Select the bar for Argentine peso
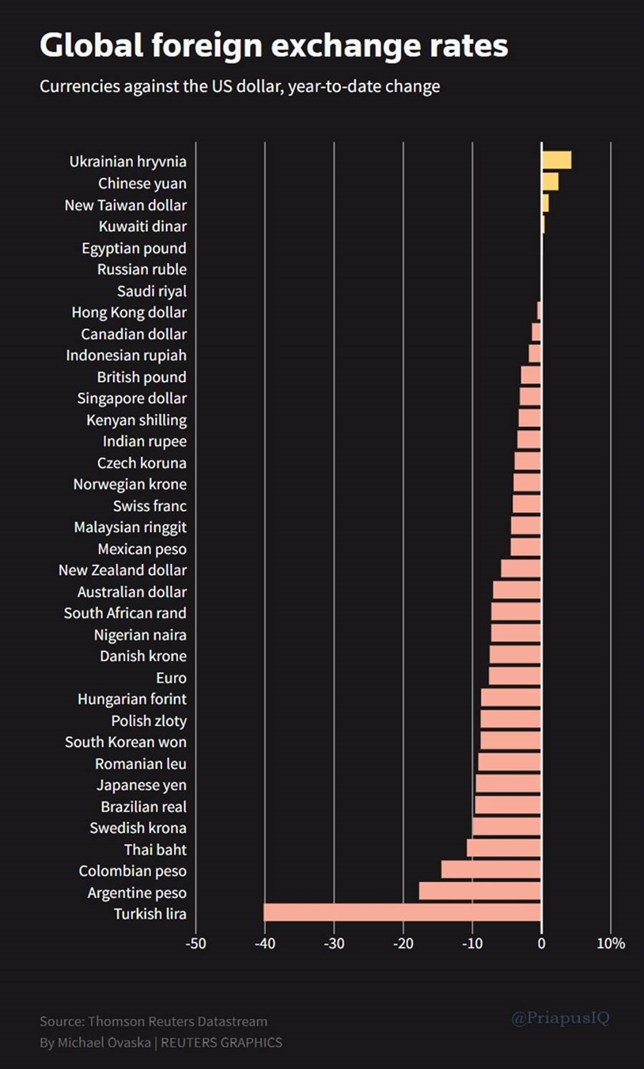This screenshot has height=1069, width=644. [480, 891]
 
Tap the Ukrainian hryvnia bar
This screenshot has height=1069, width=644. [557, 160]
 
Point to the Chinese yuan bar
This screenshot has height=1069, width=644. [550, 181]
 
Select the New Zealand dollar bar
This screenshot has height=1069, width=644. [521, 569]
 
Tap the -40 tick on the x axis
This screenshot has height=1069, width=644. [265, 943]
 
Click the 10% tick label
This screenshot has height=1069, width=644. [611, 943]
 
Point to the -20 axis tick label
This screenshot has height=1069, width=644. [403, 943]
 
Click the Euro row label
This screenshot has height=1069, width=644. [171, 678]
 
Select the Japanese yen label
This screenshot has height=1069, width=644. [142, 785]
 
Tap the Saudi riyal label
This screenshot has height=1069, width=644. [152, 291]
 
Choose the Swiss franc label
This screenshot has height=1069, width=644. [150, 506]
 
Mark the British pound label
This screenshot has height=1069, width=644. [142, 377]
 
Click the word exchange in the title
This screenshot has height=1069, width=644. [347, 46]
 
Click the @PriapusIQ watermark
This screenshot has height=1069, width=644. [560, 1018]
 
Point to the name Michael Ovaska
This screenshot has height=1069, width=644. [104, 1043]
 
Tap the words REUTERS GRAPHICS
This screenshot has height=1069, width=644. [222, 1043]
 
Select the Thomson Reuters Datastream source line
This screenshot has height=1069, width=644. [153, 1021]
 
